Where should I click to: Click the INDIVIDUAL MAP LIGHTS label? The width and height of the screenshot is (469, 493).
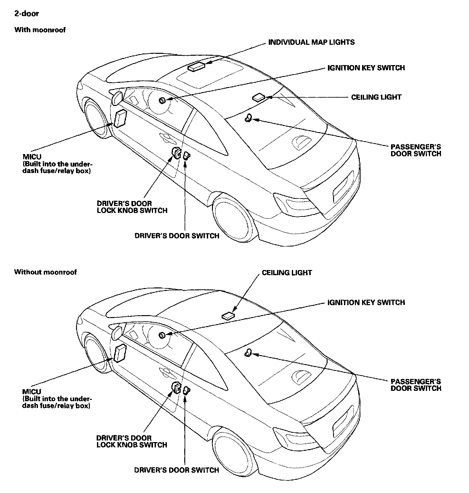[x=311, y=42]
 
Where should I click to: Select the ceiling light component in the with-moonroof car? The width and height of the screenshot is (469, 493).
[x=258, y=97]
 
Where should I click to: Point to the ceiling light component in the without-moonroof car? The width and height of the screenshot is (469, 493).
[x=228, y=316]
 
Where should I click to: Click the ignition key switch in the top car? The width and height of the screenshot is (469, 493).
[x=162, y=101]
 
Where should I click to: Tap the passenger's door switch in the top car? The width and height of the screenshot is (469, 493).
[x=248, y=118]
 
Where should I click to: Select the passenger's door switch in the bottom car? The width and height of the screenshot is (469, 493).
[x=248, y=353]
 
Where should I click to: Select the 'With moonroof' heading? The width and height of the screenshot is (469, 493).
[x=40, y=30]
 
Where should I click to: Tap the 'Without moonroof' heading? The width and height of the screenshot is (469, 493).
[x=45, y=272]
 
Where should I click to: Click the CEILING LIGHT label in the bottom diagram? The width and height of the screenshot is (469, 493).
[x=287, y=273]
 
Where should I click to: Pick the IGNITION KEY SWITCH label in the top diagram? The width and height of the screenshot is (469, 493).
[x=366, y=68]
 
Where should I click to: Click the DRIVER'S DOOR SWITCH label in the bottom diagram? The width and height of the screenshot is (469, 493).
[x=177, y=470]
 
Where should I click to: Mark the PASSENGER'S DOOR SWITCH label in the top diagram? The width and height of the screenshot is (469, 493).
[x=416, y=150]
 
